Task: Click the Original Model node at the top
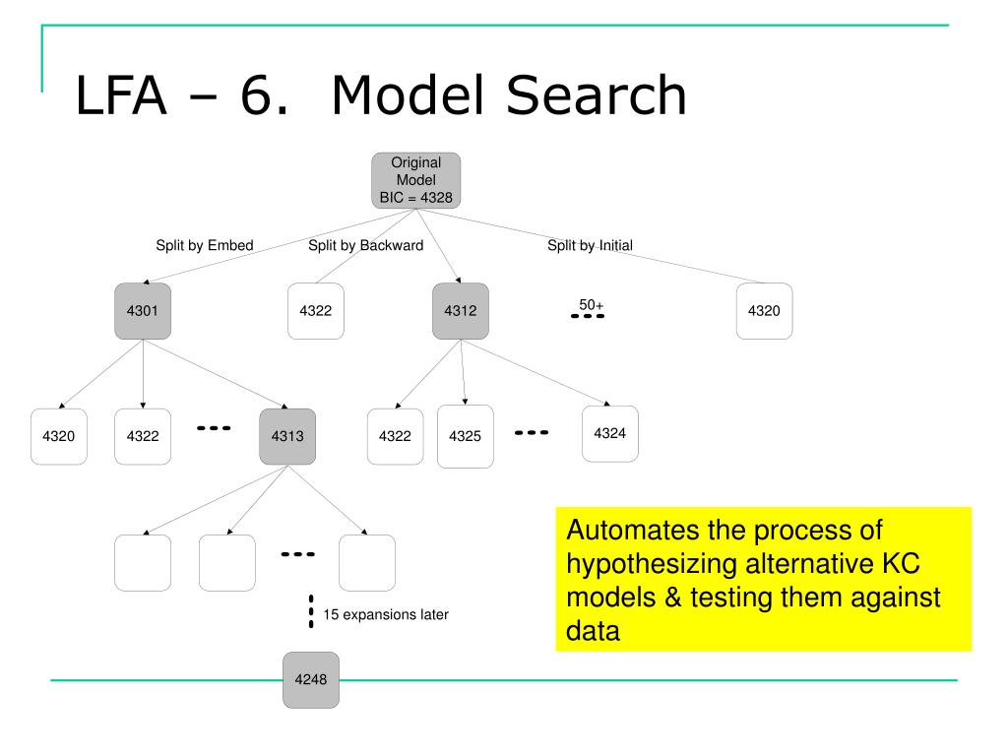tap(416, 181)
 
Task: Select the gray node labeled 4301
tap(143, 311)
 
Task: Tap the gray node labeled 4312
tap(461, 311)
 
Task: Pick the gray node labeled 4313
tap(287, 436)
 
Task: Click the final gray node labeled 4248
tap(311, 680)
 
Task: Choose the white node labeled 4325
tap(466, 436)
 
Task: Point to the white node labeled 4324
tap(610, 434)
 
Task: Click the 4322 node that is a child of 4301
tap(143, 436)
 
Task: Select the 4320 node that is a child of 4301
tap(58, 436)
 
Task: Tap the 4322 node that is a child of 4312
tap(396, 436)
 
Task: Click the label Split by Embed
tap(205, 245)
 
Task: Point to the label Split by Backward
tap(366, 245)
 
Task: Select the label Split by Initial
tap(591, 245)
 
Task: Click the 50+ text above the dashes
tap(592, 305)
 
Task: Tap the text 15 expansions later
tap(386, 614)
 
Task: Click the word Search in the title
tap(597, 95)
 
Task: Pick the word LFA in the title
tap(121, 95)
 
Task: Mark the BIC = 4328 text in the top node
tap(416, 198)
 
